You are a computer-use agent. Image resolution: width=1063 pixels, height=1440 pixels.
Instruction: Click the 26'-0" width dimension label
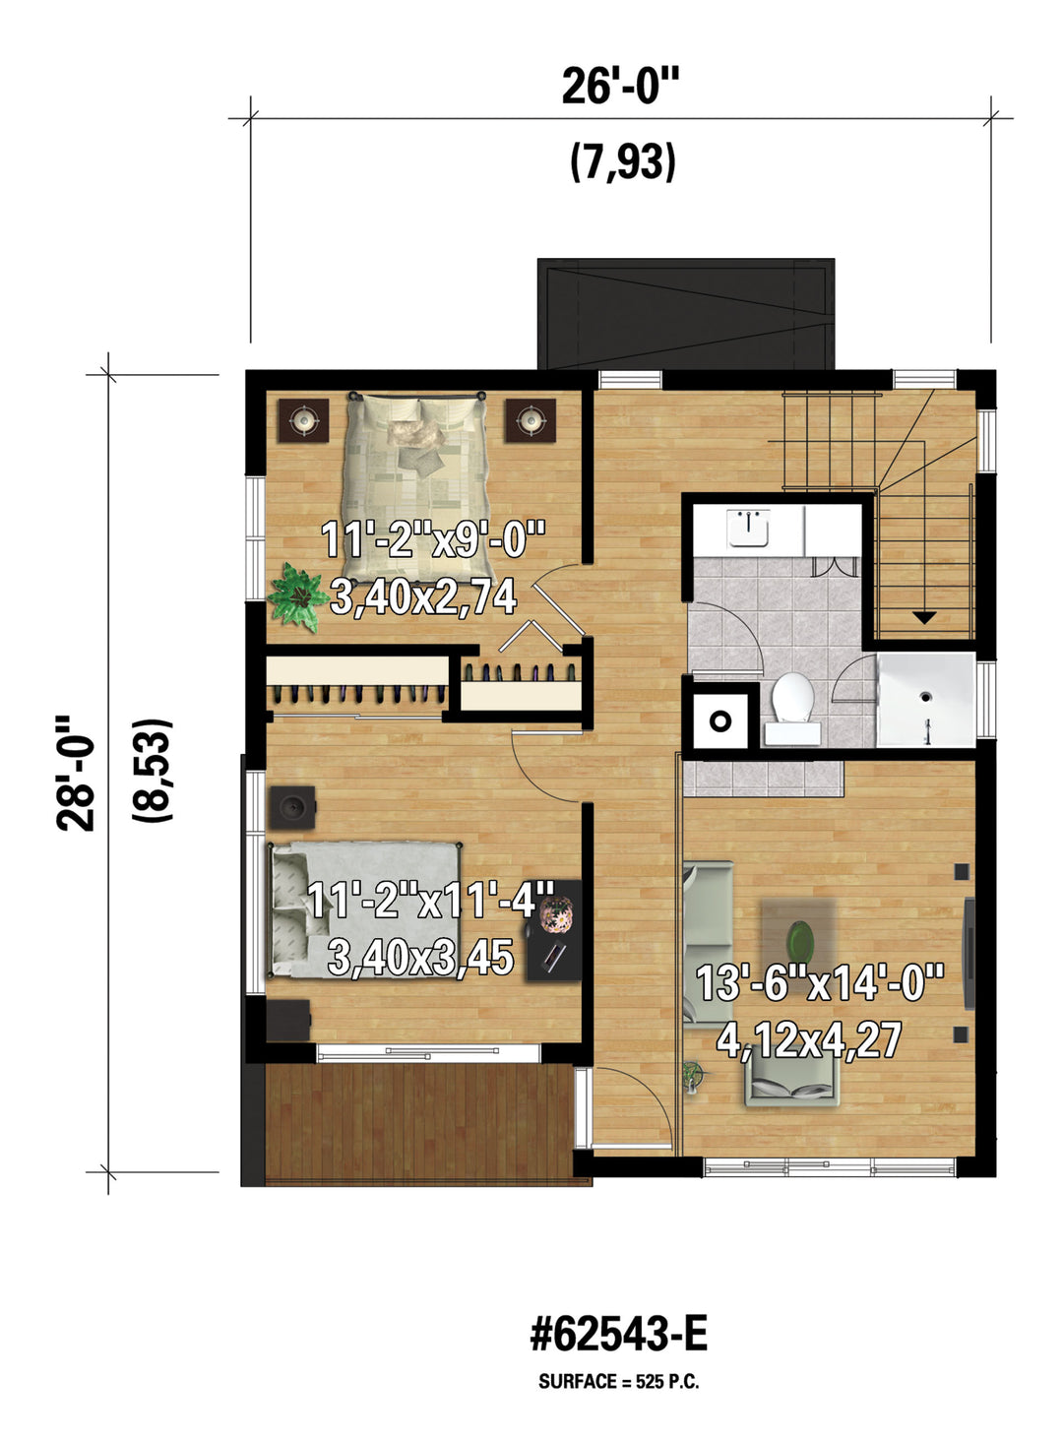(x=620, y=87)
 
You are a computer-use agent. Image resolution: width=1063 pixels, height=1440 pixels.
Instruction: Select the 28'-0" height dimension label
(x=75, y=774)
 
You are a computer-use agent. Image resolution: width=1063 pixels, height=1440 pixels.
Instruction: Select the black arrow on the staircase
(x=924, y=617)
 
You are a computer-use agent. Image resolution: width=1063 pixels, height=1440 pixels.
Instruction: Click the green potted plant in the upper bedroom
(x=298, y=596)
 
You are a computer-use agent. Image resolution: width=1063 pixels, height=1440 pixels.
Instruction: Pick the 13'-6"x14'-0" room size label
(x=820, y=999)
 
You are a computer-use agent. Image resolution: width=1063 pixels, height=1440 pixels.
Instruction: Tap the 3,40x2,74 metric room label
(x=423, y=596)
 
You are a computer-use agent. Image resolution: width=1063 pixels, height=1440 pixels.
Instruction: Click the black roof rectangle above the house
(x=686, y=314)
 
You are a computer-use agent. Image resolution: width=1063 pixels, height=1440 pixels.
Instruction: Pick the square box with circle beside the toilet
(x=720, y=721)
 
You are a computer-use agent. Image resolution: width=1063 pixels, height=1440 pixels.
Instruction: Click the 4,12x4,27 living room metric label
(x=809, y=1039)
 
